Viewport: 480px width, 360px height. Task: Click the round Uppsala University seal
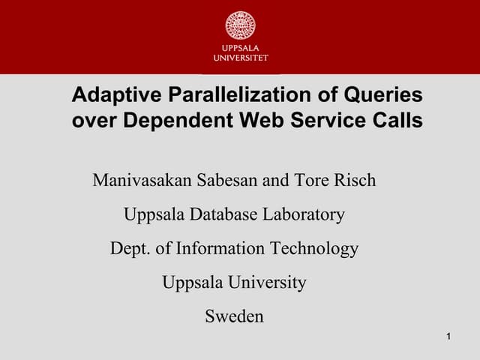[x=240, y=25]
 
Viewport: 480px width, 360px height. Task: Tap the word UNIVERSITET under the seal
[x=240, y=57]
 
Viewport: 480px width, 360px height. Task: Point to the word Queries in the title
[x=383, y=96]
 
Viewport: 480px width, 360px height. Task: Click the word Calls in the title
[x=398, y=120]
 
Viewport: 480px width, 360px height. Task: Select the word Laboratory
[x=304, y=215]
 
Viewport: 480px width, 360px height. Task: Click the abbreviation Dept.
[x=129, y=249]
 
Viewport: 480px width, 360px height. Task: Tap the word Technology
[x=315, y=249]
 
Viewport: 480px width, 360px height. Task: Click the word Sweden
[x=234, y=316]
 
